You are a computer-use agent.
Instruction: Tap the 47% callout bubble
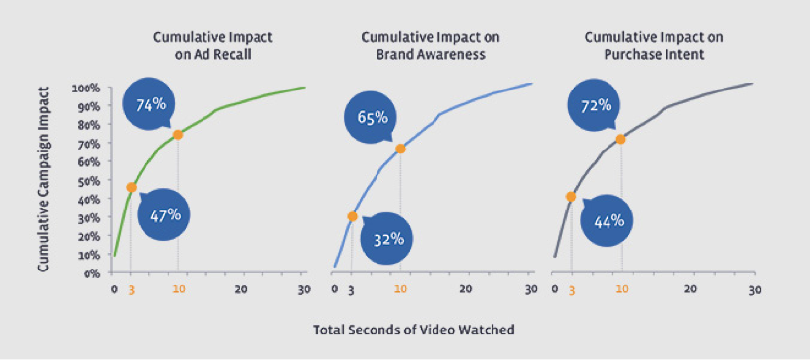(165, 213)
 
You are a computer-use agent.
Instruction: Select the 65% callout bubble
(372, 119)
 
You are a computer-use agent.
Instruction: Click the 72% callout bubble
(597, 105)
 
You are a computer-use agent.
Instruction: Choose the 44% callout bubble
(610, 220)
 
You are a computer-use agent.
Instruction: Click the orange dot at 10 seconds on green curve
(178, 135)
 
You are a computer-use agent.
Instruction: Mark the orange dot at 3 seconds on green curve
(132, 187)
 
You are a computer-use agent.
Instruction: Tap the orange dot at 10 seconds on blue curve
(400, 149)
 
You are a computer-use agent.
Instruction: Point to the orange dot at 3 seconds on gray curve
(571, 197)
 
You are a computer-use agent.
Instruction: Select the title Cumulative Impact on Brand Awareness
(429, 46)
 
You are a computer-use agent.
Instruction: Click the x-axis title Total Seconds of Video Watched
(413, 330)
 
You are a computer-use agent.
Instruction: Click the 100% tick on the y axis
(87, 89)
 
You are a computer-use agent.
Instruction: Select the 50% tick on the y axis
(88, 181)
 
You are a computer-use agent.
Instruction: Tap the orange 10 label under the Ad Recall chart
(178, 289)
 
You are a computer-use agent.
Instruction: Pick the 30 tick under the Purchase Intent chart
(754, 289)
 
